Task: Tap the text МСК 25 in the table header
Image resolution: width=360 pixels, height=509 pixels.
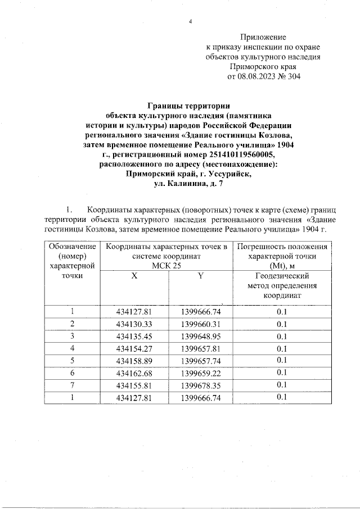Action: coord(167,266)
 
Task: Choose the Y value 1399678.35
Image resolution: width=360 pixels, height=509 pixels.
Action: coord(201,385)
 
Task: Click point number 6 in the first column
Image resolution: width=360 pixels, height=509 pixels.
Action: coord(72,373)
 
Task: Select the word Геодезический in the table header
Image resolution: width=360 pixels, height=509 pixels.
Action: coord(282,276)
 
